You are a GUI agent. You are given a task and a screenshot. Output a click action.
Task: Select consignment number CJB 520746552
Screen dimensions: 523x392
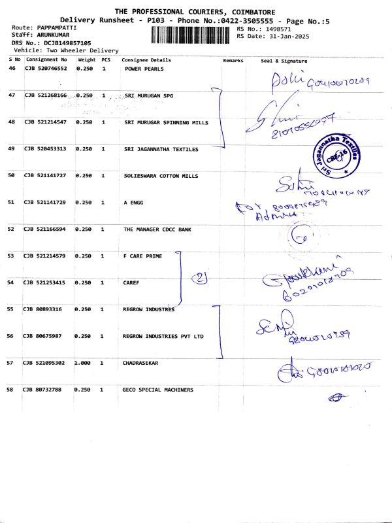click(46, 69)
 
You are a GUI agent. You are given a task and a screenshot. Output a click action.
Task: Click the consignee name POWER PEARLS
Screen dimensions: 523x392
click(144, 69)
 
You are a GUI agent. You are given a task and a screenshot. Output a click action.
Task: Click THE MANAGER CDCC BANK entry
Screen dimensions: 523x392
click(157, 229)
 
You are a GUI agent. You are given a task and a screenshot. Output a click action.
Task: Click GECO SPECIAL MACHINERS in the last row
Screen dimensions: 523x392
click(158, 390)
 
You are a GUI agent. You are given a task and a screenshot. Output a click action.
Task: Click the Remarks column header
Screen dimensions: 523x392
click(233, 60)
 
